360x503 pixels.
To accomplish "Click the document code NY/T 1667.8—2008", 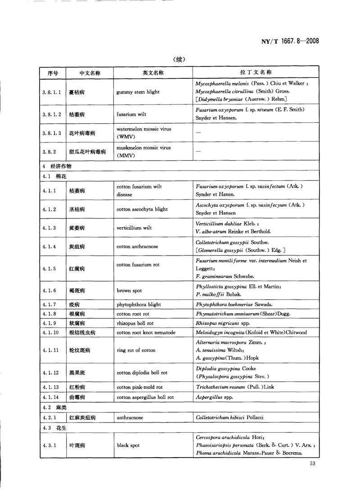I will tap(290, 41).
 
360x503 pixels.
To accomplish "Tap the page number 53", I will tap(313, 464).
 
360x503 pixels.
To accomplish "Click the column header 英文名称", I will tap(153, 73).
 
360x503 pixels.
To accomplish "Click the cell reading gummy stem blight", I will tap(138, 92).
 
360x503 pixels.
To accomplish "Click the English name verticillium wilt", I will tap(134, 228).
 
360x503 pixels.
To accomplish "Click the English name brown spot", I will tap(131, 291).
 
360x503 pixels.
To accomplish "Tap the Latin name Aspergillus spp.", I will tap(214, 397).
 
